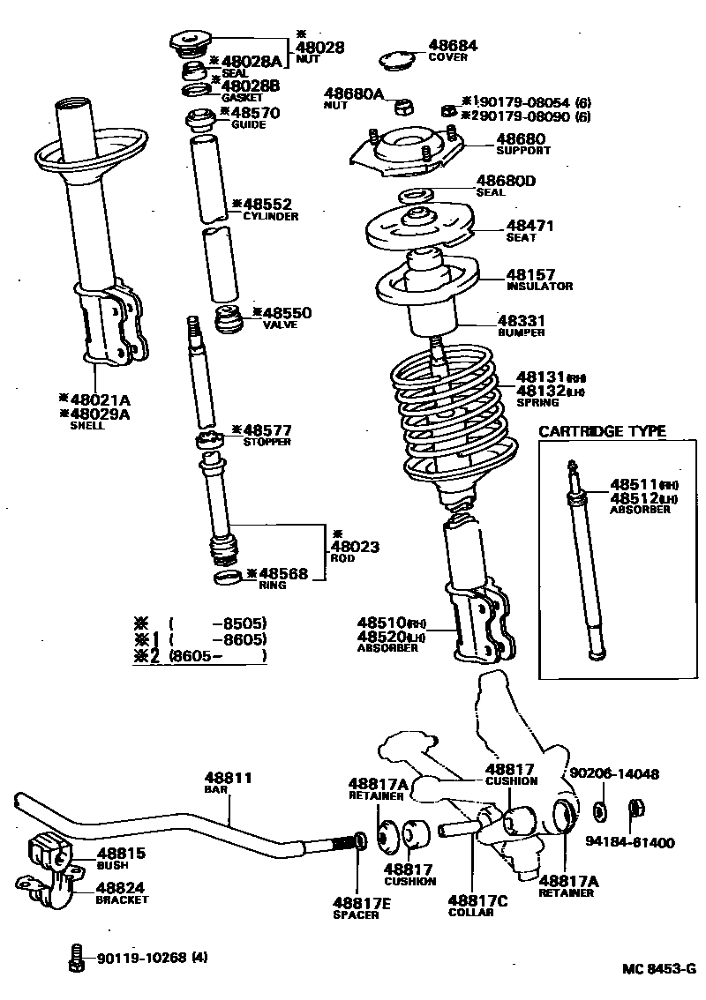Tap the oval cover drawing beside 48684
tap(397, 61)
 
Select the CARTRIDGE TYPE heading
tap(602, 431)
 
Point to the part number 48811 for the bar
tap(229, 778)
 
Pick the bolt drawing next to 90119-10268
tap(77, 958)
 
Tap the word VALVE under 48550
tap(280, 325)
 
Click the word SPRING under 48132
tap(537, 402)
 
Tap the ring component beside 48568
tap(229, 578)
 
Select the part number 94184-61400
tap(629, 842)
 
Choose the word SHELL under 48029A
tap(86, 425)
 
